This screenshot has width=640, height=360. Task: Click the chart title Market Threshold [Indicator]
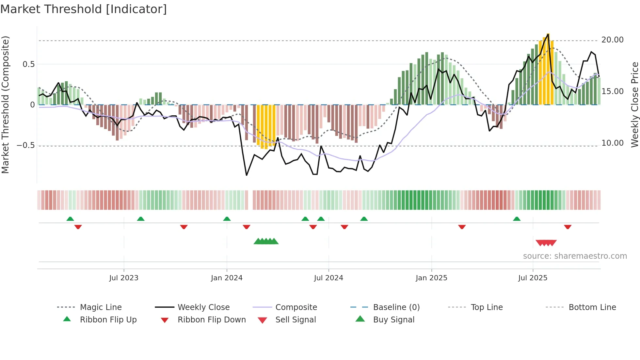click(84, 9)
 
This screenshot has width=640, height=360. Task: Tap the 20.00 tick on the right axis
click(612, 40)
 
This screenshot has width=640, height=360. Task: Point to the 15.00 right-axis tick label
click(612, 91)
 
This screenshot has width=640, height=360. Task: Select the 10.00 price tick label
click(612, 143)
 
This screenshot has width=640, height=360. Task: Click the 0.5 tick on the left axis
click(29, 64)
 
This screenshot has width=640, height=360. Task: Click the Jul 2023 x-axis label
click(124, 278)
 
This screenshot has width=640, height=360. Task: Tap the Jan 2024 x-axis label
click(227, 278)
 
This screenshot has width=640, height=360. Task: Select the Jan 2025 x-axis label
click(431, 278)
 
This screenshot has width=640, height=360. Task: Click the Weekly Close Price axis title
click(634, 105)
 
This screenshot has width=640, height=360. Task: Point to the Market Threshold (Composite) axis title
click(5, 105)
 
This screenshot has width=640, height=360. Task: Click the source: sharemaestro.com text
click(575, 256)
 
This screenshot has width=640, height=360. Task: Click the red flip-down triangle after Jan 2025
click(462, 227)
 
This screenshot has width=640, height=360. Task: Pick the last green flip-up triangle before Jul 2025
click(517, 219)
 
